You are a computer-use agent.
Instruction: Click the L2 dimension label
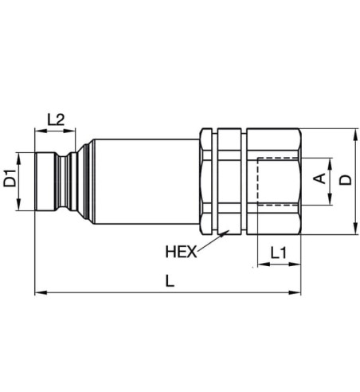[57, 120]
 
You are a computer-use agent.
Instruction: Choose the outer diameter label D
[345, 180]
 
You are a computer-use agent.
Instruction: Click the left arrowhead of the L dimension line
[38, 293]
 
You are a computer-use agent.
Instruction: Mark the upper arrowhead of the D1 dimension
[20, 153]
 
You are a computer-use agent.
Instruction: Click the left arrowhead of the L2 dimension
[37, 131]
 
